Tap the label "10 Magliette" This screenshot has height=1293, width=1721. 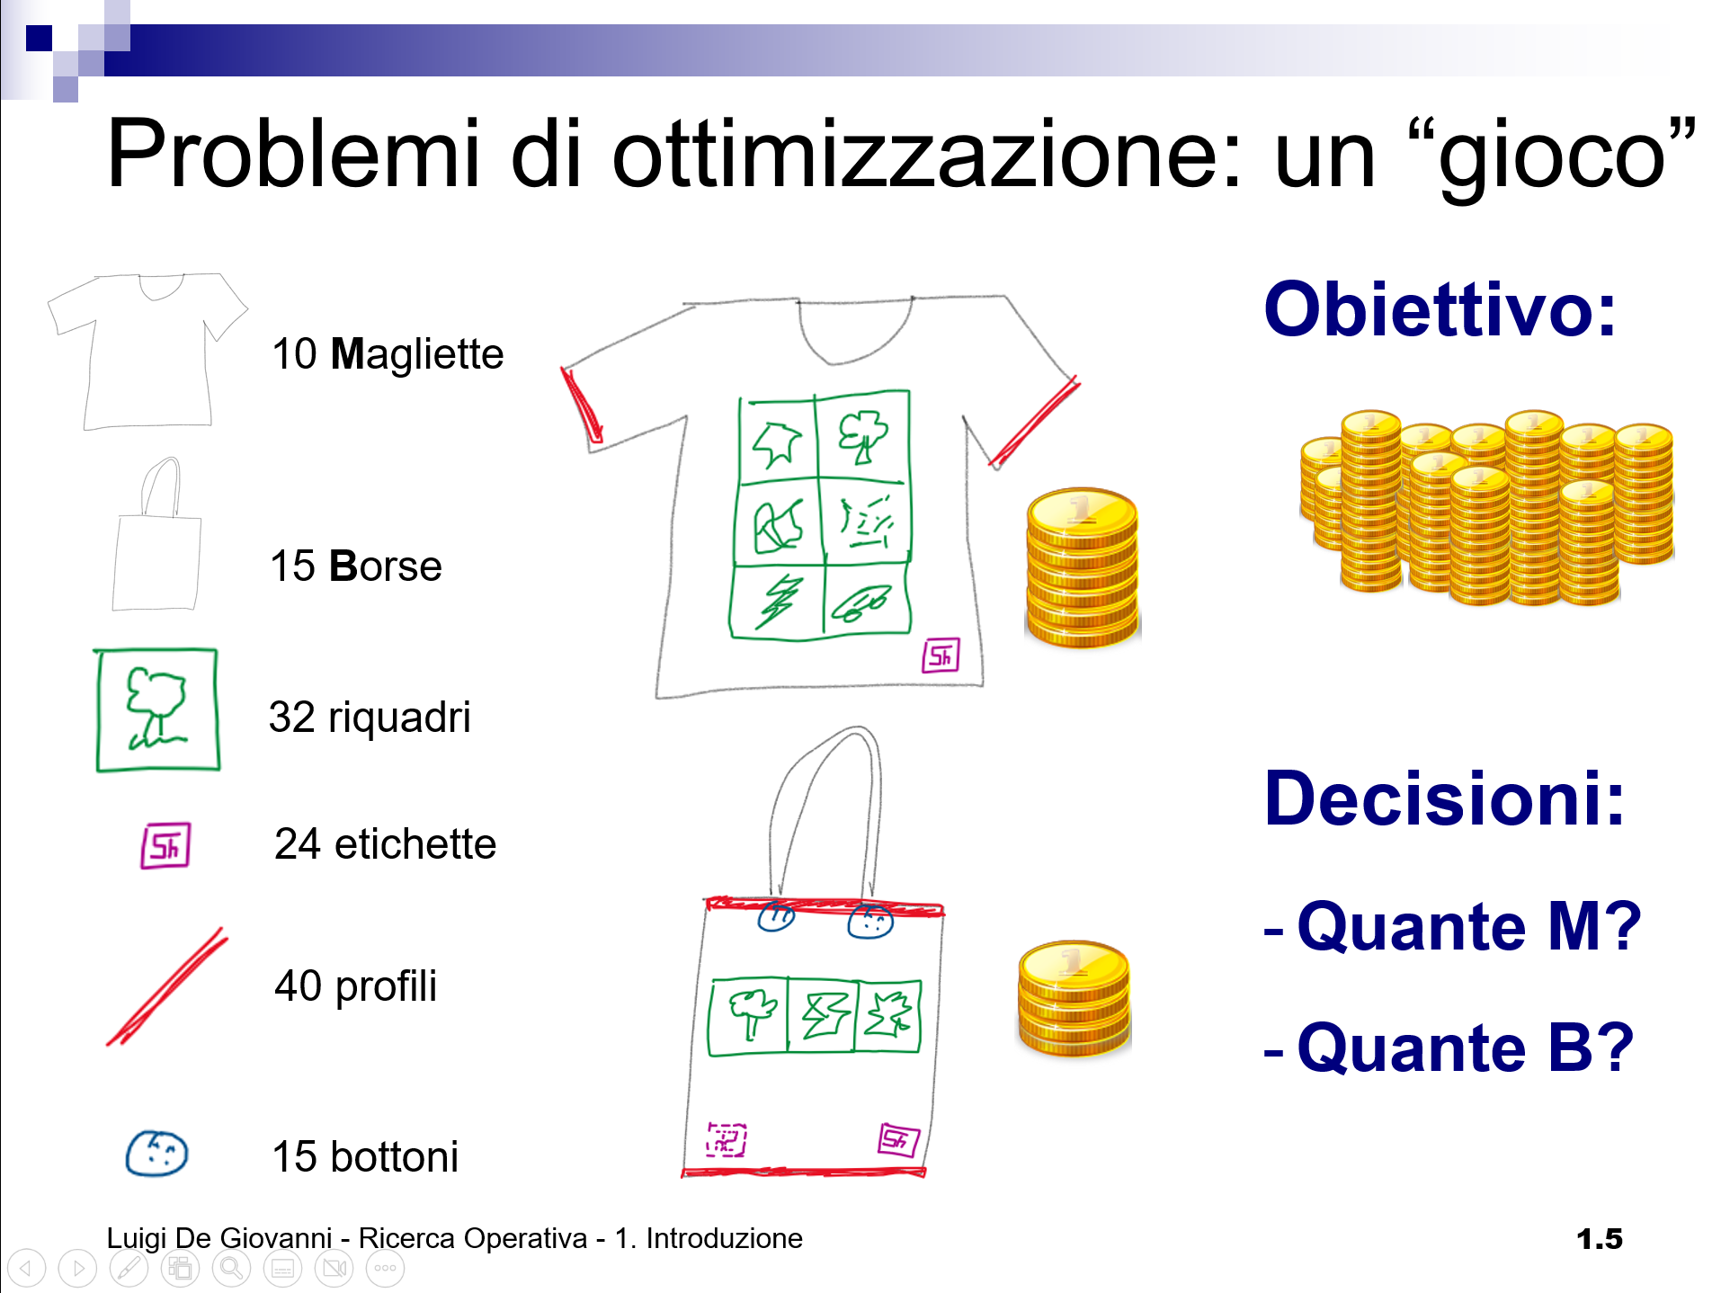point(388,353)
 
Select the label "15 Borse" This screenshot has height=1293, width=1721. point(356,566)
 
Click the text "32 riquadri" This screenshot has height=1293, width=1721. point(370,718)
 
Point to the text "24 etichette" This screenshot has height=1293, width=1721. point(385,843)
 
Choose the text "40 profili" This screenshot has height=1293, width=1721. point(356,985)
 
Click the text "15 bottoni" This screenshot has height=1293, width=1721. point(365,1156)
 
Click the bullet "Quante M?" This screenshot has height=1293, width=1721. point(1469,926)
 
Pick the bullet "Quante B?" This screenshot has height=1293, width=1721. point(1466,1048)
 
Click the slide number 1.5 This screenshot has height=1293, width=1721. point(1600,1239)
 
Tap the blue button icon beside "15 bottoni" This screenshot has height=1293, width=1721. point(156,1153)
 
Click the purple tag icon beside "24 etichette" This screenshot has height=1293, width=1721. point(165,845)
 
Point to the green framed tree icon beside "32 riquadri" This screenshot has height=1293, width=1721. point(157,709)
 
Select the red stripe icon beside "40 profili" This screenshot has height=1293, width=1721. point(167,986)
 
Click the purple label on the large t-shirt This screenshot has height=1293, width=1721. point(941,655)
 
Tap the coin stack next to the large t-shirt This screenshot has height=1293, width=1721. point(1083,567)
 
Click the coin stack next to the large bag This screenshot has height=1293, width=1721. point(1074,998)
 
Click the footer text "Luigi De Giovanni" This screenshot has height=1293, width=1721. point(219,1238)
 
